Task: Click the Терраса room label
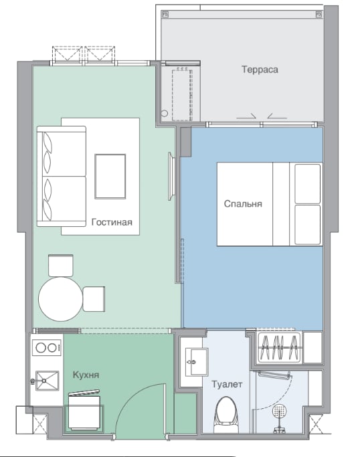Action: coord(260,70)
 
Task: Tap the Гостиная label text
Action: coord(112,222)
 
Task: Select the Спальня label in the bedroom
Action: coord(243,203)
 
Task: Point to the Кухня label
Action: coord(86,375)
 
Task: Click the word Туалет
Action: coord(227,385)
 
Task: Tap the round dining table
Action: coord(61,299)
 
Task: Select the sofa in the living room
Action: coord(62,176)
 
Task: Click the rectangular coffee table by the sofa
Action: coord(110,177)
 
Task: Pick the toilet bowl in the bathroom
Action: coord(226,414)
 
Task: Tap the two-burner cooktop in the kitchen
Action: coord(48,348)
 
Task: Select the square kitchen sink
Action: coord(47,381)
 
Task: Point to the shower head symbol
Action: coord(279,412)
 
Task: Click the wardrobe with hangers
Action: coord(280,348)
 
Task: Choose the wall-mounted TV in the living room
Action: coord(171,177)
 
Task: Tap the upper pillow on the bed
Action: coord(308,183)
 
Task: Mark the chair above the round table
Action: coord(61,266)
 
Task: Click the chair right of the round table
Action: coord(94,299)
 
